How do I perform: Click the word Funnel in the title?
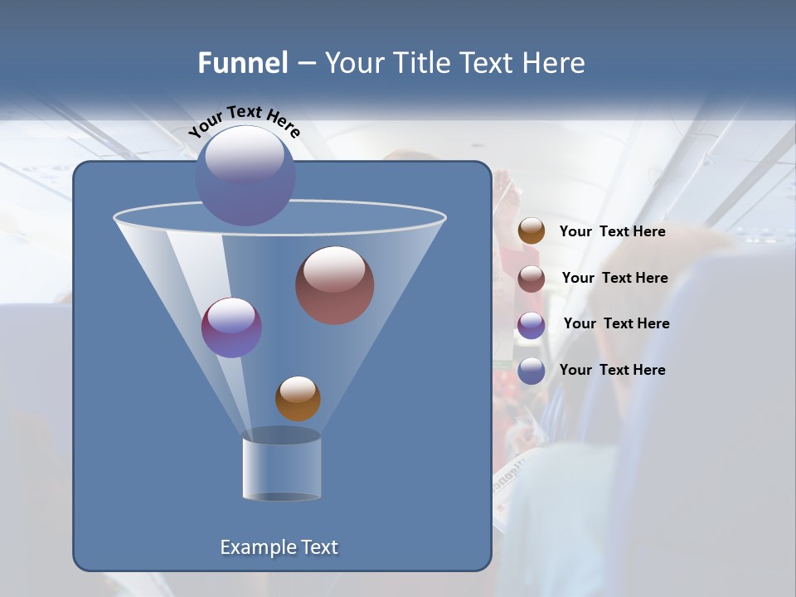point(243,63)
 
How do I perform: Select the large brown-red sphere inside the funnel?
point(335,285)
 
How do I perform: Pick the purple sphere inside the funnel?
point(231,328)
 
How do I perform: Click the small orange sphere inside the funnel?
point(298,399)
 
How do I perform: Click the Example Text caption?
point(279,547)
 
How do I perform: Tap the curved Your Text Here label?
point(244,120)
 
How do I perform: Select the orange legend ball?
point(531,231)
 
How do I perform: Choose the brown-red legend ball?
point(531,279)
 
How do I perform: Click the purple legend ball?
point(531,325)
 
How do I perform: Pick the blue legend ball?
point(531,371)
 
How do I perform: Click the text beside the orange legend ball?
point(612,231)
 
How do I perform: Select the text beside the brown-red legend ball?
point(614,278)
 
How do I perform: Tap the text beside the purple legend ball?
point(616,323)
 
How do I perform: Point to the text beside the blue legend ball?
point(612,370)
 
